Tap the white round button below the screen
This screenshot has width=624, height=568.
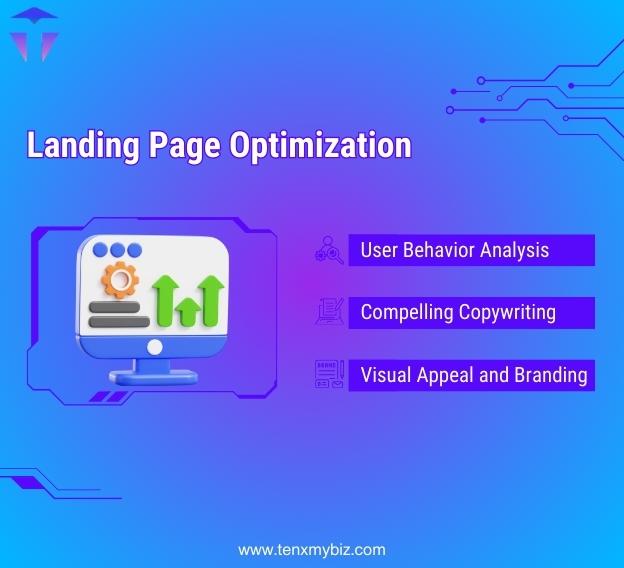(x=154, y=347)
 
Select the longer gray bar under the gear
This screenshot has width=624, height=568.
(x=119, y=322)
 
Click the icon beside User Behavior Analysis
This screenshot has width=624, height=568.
(x=329, y=250)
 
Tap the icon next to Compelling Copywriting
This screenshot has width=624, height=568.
(x=329, y=312)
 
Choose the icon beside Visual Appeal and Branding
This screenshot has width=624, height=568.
(x=329, y=374)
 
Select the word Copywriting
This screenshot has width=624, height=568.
(x=507, y=312)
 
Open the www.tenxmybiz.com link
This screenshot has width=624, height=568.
(x=311, y=550)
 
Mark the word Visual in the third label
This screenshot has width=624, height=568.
(x=384, y=375)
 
